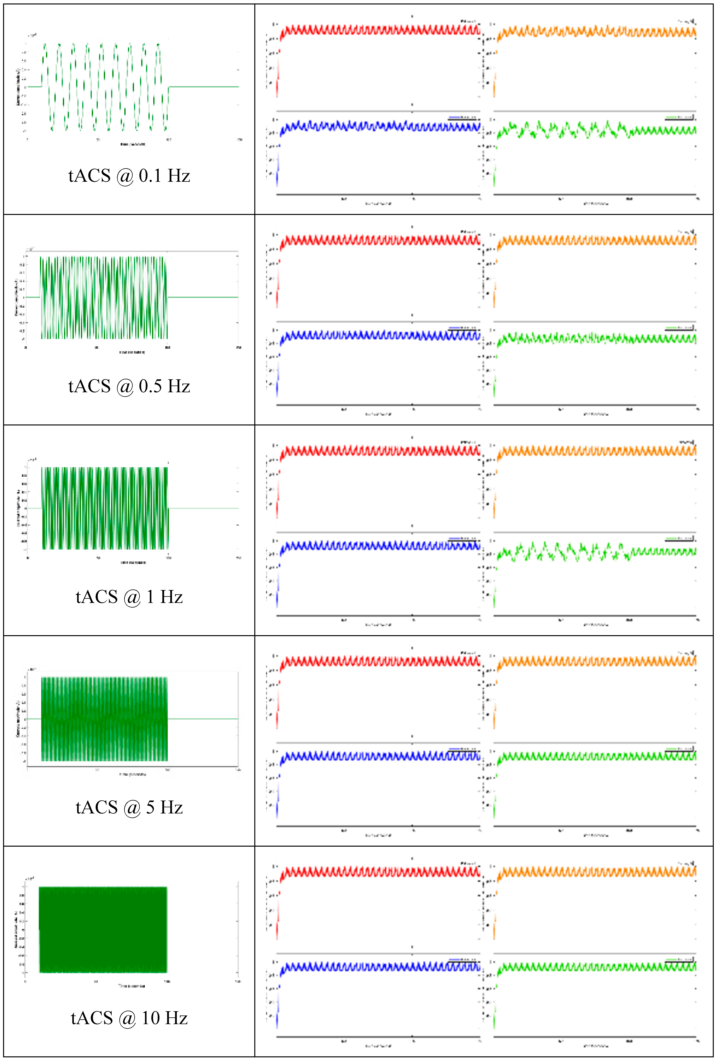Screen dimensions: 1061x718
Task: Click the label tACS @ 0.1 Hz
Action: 129,176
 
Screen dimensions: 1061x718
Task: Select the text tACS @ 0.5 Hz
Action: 129,386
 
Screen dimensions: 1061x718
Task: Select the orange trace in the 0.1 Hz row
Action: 595,32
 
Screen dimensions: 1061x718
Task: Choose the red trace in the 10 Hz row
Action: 379,872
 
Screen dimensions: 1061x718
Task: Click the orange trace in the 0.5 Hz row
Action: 595,241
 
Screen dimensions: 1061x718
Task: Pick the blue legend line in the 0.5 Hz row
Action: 455,328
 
